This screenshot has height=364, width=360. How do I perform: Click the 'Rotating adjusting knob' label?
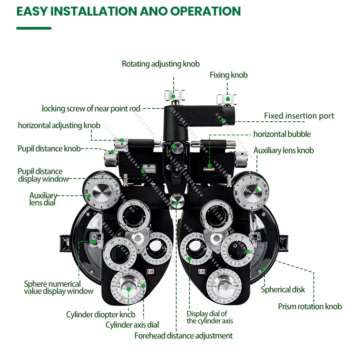click(x=161, y=64)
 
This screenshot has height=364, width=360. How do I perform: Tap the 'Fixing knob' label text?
click(x=229, y=75)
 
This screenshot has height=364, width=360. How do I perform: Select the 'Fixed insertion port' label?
click(x=299, y=116)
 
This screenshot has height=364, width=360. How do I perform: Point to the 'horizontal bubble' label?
click(x=282, y=134)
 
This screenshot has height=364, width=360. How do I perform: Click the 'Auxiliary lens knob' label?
click(x=283, y=151)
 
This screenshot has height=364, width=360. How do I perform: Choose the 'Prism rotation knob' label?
click(x=310, y=307)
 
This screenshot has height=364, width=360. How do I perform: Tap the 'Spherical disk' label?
click(x=283, y=290)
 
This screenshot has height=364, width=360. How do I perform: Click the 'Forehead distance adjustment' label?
click(x=183, y=336)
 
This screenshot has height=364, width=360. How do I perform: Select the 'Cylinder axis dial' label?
click(x=132, y=325)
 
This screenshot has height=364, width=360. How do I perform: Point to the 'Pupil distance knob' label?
click(x=49, y=149)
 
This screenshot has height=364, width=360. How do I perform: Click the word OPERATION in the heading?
click(x=205, y=11)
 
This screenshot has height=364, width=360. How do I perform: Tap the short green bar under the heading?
click(x=34, y=28)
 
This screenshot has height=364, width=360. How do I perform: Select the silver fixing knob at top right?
click(x=227, y=99)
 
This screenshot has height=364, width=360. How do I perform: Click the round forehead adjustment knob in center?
click(x=176, y=201)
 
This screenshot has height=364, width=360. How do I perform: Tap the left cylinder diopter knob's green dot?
click(x=128, y=289)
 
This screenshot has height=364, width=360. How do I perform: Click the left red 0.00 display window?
click(x=150, y=271)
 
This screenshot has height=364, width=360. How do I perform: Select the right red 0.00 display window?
click(x=201, y=271)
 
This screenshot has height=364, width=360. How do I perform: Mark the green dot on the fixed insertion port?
click(x=224, y=121)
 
